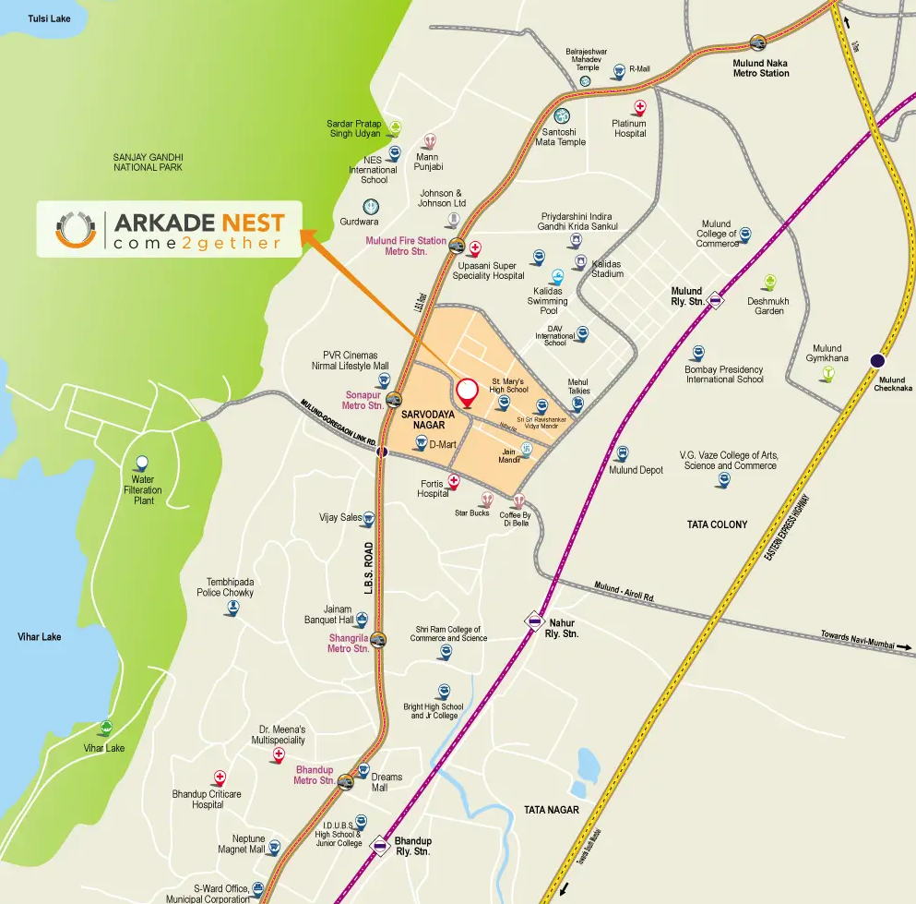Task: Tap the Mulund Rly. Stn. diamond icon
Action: click(x=716, y=300)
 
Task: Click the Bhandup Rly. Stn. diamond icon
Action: click(x=380, y=844)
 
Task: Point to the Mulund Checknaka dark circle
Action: click(x=877, y=361)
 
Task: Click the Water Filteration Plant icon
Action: click(x=141, y=463)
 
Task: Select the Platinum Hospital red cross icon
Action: click(x=640, y=107)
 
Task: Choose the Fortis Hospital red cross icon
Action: click(x=453, y=480)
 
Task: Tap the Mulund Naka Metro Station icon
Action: click(x=758, y=42)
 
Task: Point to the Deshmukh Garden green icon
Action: click(x=767, y=283)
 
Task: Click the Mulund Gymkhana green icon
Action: click(x=828, y=373)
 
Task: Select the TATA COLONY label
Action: click(x=717, y=524)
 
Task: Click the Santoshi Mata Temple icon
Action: click(x=559, y=117)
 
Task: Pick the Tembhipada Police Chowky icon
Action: click(x=232, y=608)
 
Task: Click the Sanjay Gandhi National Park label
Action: click(x=148, y=163)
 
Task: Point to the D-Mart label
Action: click(x=444, y=444)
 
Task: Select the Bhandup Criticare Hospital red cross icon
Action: click(x=220, y=777)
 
